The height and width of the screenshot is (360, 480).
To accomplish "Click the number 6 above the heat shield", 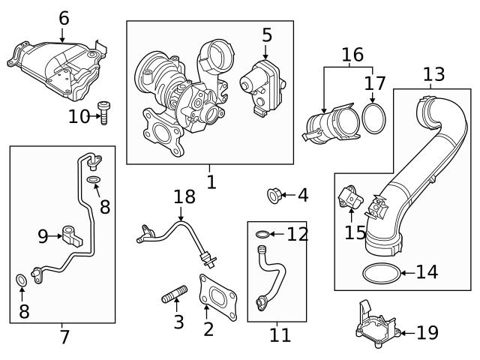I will pyautogui.click(x=64, y=18).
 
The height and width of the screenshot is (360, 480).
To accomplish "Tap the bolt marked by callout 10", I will pyautogui.click(x=104, y=113).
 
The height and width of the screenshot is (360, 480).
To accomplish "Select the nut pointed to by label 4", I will pyautogui.click(x=274, y=196).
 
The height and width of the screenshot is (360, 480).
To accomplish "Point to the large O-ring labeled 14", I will pyautogui.click(x=380, y=274).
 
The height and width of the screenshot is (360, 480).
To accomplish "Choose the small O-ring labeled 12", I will pyautogui.click(x=261, y=235).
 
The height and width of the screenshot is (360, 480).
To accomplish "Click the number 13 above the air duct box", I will pyautogui.click(x=433, y=74).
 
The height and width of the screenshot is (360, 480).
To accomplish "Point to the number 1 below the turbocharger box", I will pyautogui.click(x=211, y=181).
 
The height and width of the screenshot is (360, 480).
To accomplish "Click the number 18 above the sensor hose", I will pyautogui.click(x=184, y=197).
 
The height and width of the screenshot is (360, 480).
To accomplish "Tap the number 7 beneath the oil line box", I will pyautogui.click(x=64, y=337).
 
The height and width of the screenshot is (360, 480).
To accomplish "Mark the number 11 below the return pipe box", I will pyautogui.click(x=280, y=335).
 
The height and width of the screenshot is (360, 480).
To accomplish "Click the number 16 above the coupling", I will pyautogui.click(x=352, y=55).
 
